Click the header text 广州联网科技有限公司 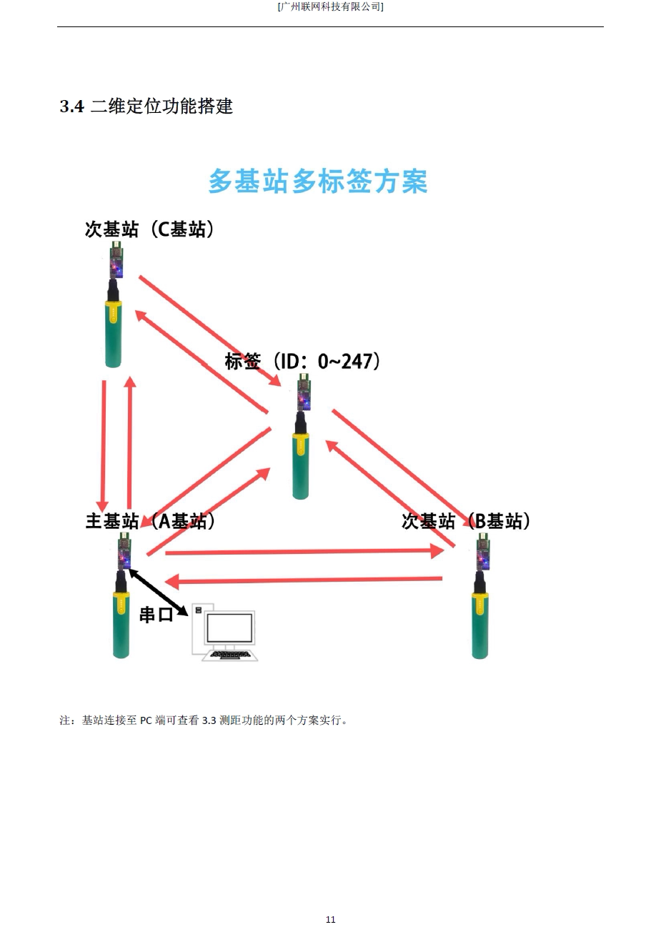pos(330,6)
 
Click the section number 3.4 pos(71,107)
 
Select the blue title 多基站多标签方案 pos(317,182)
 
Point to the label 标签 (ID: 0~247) pos(302,361)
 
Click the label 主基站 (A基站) pos(150,521)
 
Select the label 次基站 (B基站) pos(466,521)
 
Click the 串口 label pos(156,614)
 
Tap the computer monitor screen pos(229,628)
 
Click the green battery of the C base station pos(114,334)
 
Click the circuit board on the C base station pos(115,261)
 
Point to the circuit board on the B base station pos(484,552)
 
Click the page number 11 pos(330,919)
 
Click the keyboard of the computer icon pos(230,654)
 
